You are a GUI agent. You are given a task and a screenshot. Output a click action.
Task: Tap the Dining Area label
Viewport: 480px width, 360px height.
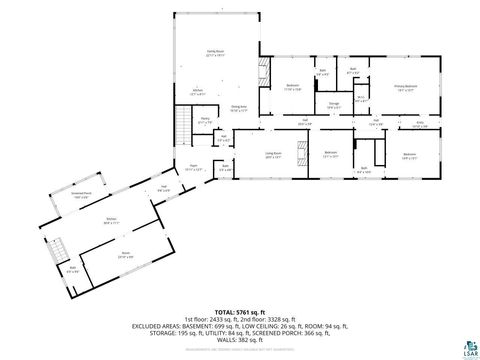coord(239,109)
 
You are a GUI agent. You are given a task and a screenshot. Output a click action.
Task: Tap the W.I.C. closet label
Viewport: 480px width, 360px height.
coord(362,98)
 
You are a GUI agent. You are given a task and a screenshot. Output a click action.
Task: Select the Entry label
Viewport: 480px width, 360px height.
coord(420,125)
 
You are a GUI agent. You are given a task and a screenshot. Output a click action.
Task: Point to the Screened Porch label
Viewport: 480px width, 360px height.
coord(82,196)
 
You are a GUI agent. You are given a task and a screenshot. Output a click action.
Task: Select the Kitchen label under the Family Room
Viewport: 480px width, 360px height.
coord(198,92)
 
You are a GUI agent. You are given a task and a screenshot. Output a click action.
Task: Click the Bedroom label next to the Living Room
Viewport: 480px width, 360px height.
coord(331,154)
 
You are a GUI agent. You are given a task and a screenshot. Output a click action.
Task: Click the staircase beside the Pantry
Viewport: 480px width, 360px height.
coord(183,124)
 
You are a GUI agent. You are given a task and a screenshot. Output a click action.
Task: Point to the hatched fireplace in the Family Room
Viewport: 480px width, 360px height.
coord(262,74)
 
